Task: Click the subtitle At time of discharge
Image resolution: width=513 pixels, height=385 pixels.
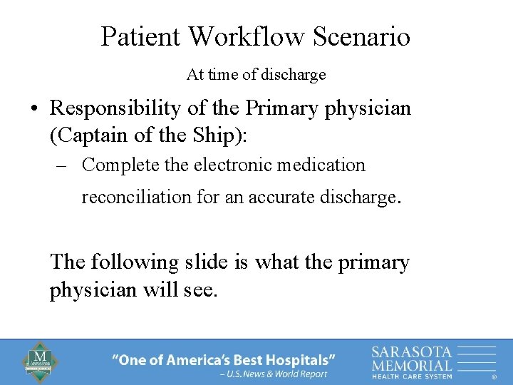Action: point(256,74)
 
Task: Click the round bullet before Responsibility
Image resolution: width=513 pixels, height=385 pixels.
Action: point(34,110)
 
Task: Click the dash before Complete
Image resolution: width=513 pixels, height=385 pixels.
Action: point(61,166)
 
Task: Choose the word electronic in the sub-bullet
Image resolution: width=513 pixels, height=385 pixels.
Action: point(236,165)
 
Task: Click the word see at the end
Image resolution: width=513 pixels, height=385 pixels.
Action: point(199,291)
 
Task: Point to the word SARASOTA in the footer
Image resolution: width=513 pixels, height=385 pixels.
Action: point(411,351)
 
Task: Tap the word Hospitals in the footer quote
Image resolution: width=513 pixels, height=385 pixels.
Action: point(300,360)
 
